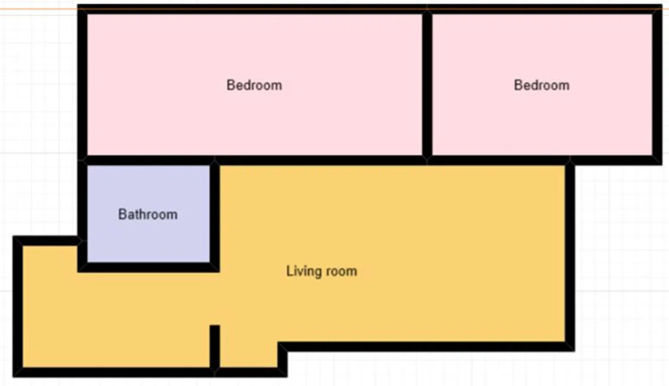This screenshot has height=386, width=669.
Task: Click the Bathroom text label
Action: point(148,214)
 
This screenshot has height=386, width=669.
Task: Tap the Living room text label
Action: point(322,271)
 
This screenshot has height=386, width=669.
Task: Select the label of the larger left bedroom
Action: point(254,85)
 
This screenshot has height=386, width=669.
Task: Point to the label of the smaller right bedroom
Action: point(541,85)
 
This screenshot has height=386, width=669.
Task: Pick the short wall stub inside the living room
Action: point(215,347)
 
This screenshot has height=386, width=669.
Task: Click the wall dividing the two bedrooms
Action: point(427,84)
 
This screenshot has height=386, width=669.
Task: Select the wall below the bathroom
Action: point(149,267)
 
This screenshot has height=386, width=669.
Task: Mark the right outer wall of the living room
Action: point(570,256)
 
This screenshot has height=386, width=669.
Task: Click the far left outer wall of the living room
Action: point(18,306)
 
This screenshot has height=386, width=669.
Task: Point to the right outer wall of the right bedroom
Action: point(657,84)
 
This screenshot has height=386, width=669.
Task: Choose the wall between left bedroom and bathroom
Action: point(149,160)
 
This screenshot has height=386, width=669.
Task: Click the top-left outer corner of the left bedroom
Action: point(78,4)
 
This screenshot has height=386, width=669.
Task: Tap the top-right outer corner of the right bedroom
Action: point(662,4)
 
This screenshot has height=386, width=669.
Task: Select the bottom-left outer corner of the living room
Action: point(13,377)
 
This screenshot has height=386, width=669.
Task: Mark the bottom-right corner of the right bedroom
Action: point(662,165)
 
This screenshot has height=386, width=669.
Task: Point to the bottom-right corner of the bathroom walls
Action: point(219,272)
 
